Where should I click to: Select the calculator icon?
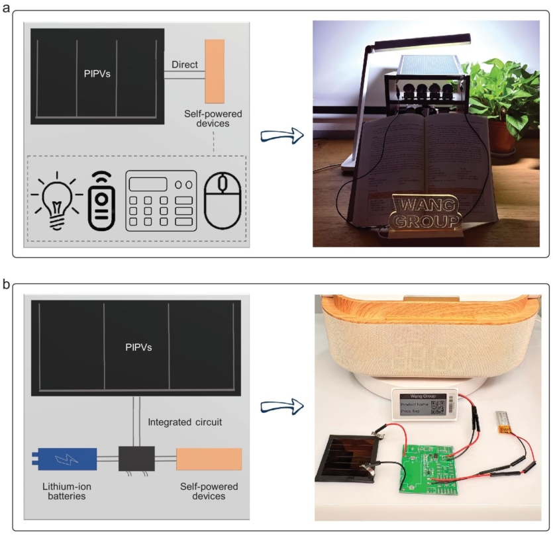161,201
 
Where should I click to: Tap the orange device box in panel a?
214,71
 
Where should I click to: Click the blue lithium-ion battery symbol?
64,458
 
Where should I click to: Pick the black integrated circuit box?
136,458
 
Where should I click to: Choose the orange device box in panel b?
208,458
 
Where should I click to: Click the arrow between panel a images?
281,137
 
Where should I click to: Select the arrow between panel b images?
281,406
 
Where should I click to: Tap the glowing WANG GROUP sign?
425,212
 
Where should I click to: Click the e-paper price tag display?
420,403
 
